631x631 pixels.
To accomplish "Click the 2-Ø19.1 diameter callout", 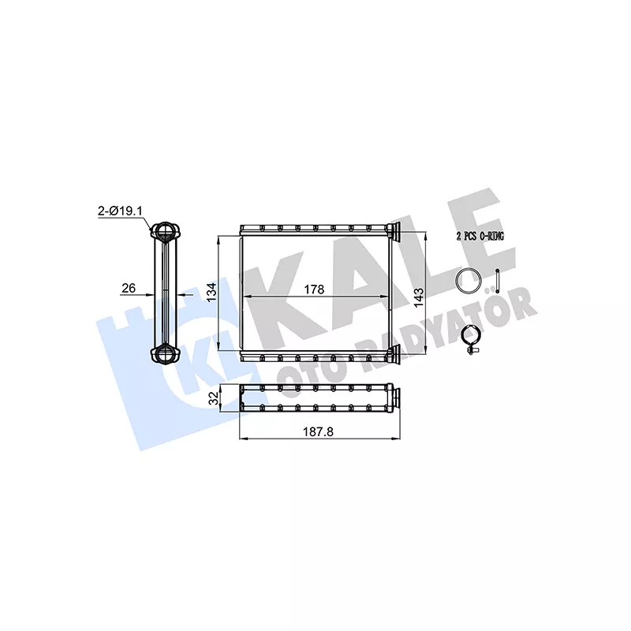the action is [x=120, y=211].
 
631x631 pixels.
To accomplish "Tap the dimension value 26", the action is [x=129, y=288].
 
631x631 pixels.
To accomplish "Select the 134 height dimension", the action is [x=211, y=292].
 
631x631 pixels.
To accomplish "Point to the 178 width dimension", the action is [x=314, y=289].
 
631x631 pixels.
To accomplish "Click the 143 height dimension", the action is [x=419, y=297].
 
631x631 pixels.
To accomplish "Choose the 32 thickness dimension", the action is [x=215, y=398].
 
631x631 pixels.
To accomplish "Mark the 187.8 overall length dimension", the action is [x=318, y=431].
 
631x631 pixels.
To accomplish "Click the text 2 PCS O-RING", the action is [x=480, y=236].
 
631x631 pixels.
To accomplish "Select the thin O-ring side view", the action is [x=498, y=281].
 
